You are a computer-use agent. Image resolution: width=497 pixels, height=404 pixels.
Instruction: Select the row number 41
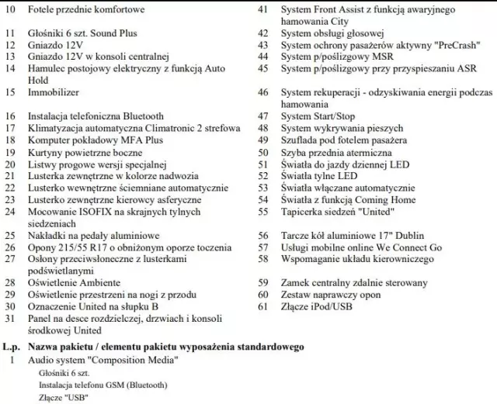(x=262, y=9)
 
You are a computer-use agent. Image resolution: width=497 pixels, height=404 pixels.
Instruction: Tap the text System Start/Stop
(x=318, y=116)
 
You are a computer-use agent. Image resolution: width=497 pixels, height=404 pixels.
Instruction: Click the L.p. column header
(x=13, y=346)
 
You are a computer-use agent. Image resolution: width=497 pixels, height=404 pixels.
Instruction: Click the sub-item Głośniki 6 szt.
(x=64, y=373)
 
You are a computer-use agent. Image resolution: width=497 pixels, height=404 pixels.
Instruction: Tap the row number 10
(x=9, y=9)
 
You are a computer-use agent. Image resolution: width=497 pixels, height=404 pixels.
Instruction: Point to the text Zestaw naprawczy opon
(x=329, y=294)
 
